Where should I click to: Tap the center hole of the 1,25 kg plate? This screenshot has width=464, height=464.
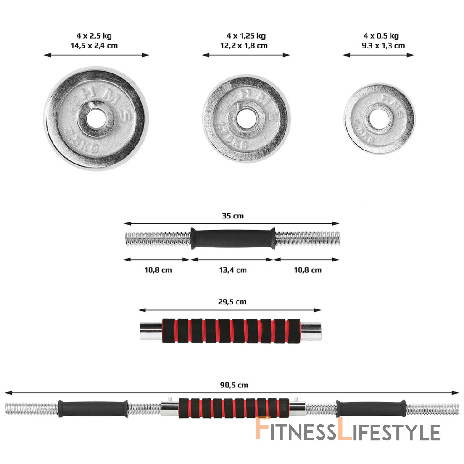(x=246, y=119)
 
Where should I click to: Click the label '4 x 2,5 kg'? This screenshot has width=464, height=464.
(x=94, y=36)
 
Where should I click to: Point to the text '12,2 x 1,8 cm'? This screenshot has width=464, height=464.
(x=244, y=46)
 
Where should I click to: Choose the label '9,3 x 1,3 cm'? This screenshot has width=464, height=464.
(x=383, y=46)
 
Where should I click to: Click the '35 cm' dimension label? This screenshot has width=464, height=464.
(x=233, y=216)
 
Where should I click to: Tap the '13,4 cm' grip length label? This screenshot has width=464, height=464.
(x=233, y=270)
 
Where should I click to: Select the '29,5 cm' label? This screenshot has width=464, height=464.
(x=232, y=302)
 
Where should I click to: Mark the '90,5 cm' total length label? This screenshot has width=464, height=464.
(x=234, y=385)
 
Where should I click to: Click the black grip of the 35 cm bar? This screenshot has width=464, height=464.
(x=233, y=238)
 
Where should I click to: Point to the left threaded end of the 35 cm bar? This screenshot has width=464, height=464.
(x=158, y=239)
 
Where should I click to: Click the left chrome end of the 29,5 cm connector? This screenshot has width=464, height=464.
(x=151, y=331)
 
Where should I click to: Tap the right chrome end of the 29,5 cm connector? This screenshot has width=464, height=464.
(x=310, y=331)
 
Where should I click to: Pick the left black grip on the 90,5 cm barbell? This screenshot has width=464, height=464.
(x=93, y=409)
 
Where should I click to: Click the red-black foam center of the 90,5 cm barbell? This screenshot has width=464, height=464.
(x=234, y=408)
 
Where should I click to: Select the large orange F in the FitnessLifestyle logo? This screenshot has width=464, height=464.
(x=263, y=427)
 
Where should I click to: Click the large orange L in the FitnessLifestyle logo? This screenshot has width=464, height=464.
(x=345, y=428)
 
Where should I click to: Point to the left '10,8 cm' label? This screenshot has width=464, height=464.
(x=158, y=270)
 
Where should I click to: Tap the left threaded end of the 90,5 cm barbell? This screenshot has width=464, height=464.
(x=32, y=409)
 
